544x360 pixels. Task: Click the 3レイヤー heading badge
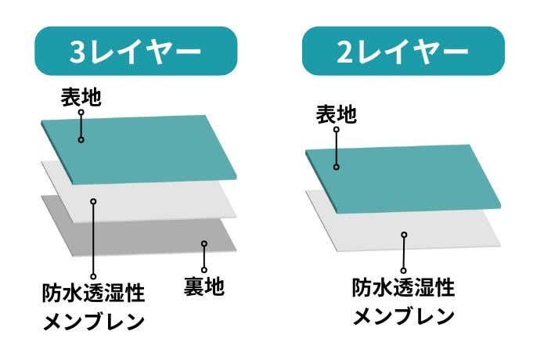pos(136,51)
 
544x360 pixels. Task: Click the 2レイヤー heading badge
pos(402,51)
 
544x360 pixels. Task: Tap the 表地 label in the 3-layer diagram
pos(81,97)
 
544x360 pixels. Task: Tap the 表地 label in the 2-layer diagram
pos(336,115)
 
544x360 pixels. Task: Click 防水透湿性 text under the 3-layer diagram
pos(93,293)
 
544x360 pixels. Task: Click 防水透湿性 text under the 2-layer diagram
pos(403,288)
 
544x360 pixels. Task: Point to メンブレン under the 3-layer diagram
pos(93,322)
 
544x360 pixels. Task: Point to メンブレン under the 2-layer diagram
pos(403,317)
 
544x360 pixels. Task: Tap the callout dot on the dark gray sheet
pos(204,244)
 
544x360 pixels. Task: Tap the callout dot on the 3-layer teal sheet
pos(81,140)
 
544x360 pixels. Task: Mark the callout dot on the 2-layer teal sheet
pos(336,166)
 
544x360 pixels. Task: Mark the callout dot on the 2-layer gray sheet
pos(404,234)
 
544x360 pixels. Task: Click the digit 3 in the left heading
pos(78,52)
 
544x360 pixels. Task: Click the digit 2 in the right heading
pos(345,52)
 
